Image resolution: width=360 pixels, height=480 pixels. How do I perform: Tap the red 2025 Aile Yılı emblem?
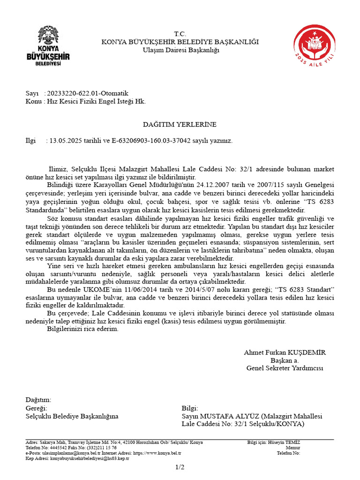pos(315,47)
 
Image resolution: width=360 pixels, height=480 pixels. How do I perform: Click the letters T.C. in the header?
pos(180,34)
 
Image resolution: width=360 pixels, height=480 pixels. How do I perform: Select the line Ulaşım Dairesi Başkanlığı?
pos(180,50)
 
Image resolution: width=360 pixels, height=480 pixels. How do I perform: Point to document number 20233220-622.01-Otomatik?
pos(88,93)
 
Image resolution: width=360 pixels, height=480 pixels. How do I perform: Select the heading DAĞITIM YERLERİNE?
pos(180,124)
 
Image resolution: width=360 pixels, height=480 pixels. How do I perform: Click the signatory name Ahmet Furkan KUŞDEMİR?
pos(285,352)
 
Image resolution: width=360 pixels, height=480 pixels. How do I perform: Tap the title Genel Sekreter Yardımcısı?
pos(285,368)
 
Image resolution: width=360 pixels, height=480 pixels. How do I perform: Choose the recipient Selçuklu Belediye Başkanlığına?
pos(72,416)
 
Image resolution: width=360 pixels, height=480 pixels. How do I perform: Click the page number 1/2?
pos(180,467)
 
